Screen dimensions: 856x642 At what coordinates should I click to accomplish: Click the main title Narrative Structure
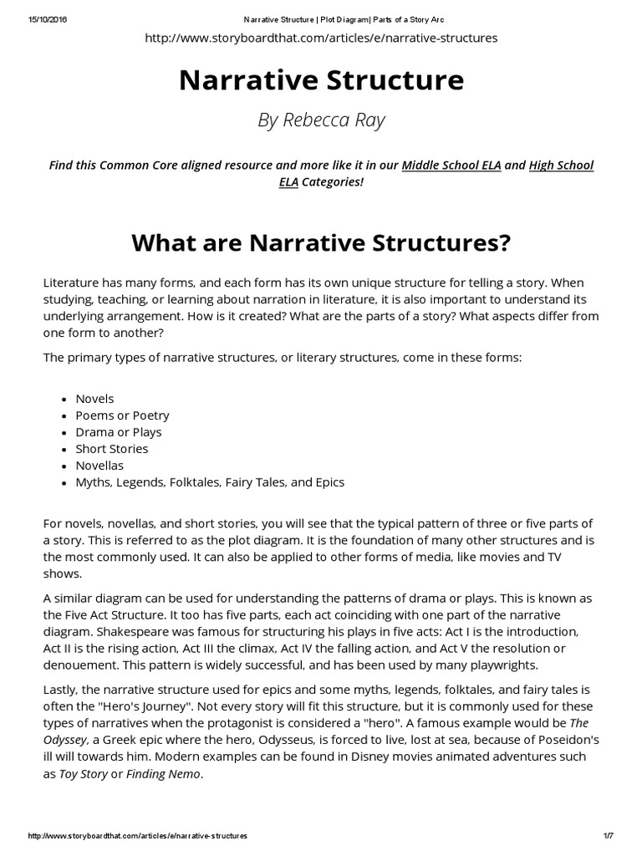321,80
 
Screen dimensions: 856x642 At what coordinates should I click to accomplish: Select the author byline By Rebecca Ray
321,120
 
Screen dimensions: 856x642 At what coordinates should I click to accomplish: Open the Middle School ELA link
451,165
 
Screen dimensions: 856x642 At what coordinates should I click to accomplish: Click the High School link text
562,165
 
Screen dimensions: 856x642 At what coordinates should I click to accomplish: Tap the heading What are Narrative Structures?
321,243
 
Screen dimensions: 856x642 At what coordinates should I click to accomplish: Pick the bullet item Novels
94,399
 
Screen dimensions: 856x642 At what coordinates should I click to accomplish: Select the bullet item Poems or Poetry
122,415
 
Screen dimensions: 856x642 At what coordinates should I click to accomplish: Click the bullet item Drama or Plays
119,432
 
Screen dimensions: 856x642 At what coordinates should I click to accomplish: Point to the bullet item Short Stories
112,449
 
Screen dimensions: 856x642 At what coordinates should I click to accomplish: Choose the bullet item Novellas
99,466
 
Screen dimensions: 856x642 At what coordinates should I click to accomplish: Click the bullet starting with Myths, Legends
210,482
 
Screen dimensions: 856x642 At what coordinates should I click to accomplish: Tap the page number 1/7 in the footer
607,836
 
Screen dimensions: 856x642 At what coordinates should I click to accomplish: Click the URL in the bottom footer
138,836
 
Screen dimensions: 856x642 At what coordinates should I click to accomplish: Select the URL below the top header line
321,38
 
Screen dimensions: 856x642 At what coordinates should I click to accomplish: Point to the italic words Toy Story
84,774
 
